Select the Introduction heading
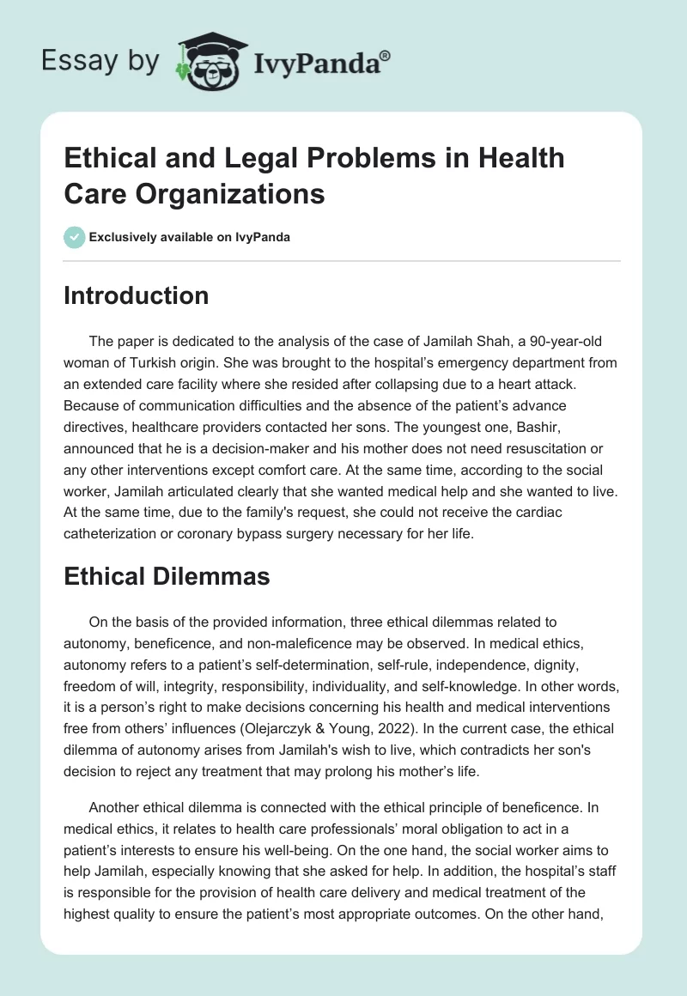(x=136, y=295)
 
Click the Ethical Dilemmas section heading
(x=167, y=577)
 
